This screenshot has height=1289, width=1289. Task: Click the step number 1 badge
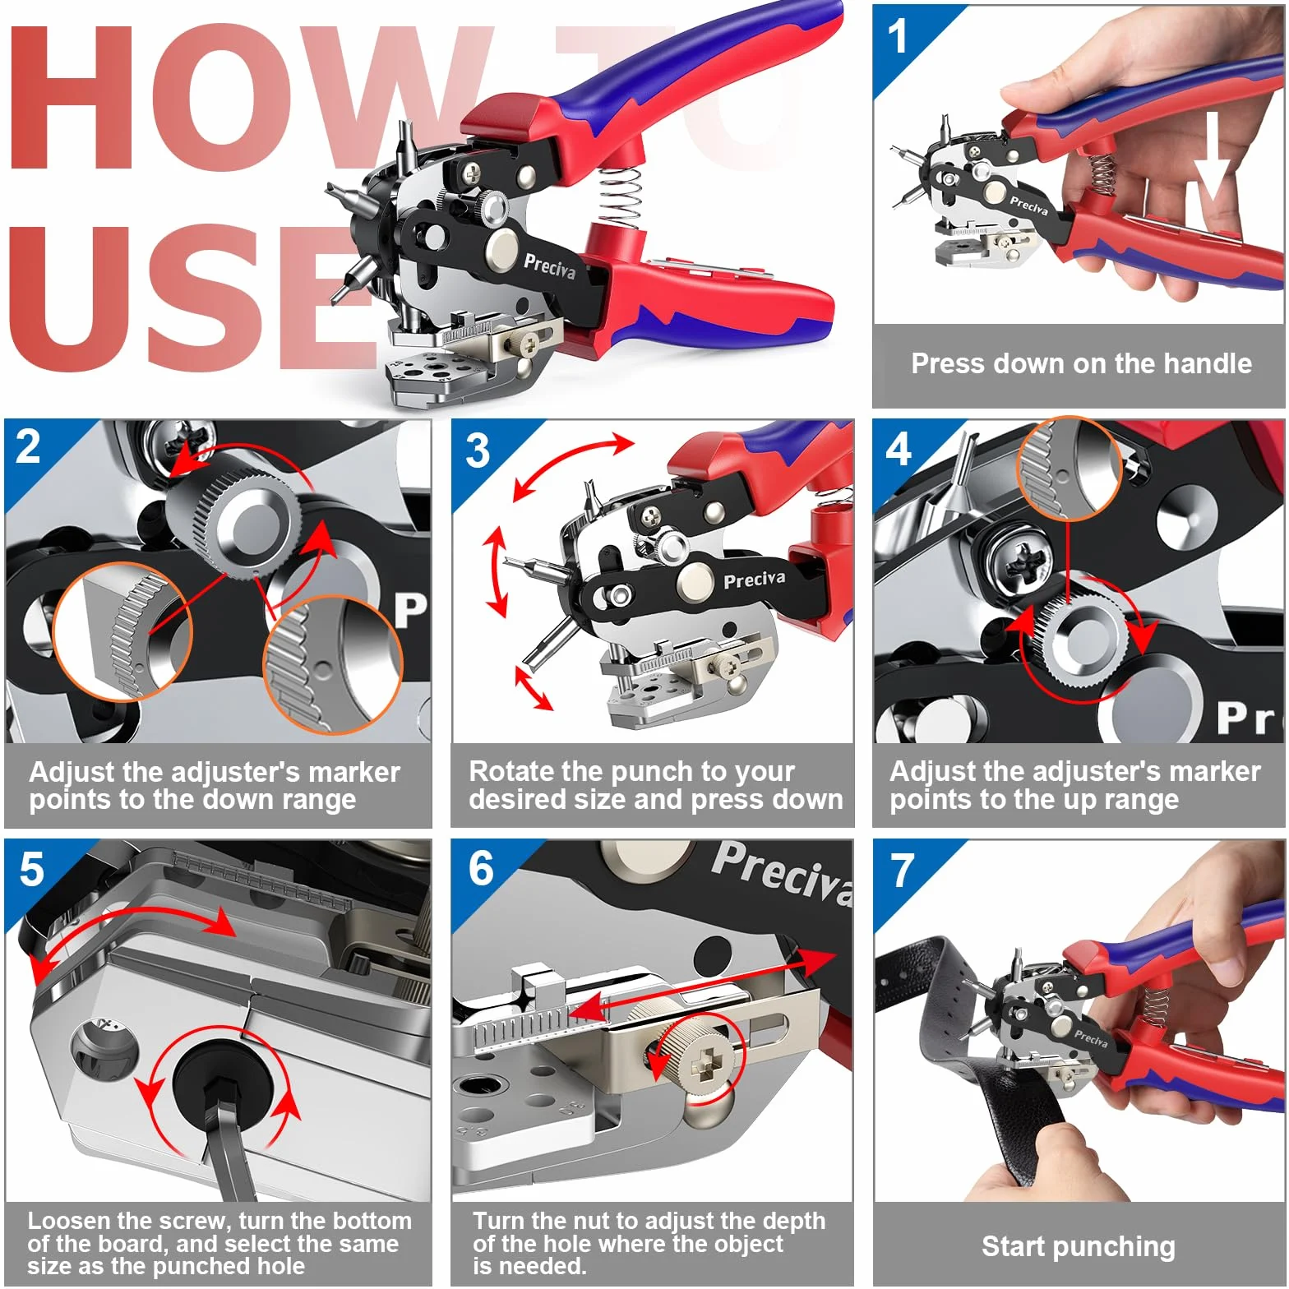pos(897,37)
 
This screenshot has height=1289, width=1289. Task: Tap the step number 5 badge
pos(31,870)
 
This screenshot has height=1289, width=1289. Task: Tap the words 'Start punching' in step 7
pos(1079,1246)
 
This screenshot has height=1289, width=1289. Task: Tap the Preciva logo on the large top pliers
pos(549,266)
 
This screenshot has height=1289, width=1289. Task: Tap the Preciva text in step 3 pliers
pos(754,580)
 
